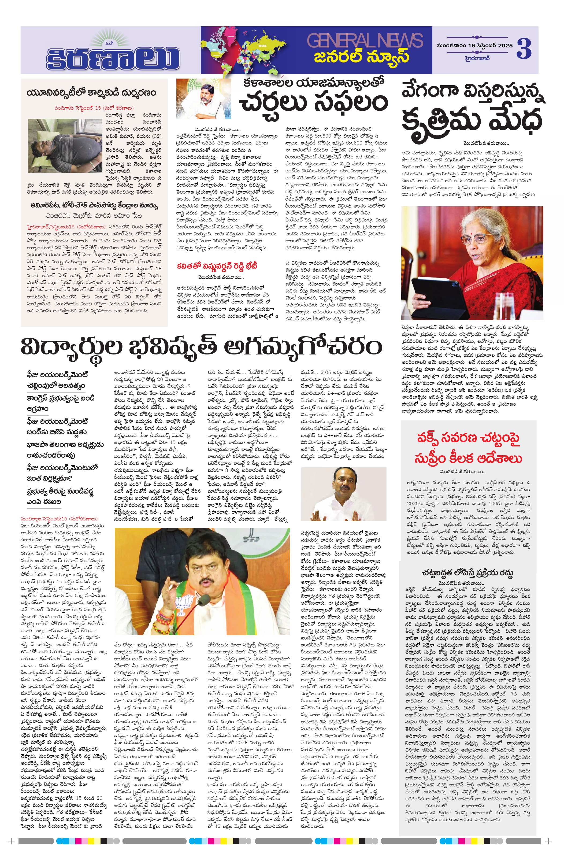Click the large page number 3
524,49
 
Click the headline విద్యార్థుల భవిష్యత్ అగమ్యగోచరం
201,347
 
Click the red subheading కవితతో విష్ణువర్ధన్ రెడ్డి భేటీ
217,266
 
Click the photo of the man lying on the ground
65,146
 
